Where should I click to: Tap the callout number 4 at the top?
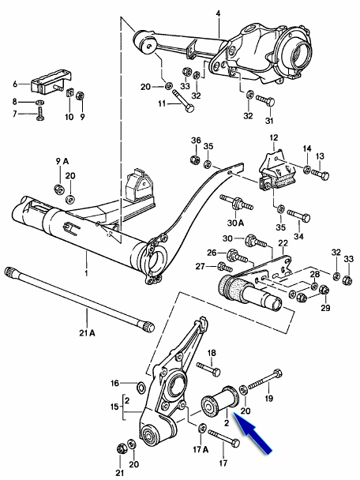point(218,13)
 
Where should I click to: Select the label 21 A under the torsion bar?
point(88,333)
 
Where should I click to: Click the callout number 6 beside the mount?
point(15,84)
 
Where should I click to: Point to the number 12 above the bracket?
point(274,137)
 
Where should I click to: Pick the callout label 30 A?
point(235,223)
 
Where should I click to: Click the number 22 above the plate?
point(283,243)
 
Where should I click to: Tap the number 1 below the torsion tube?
point(86,272)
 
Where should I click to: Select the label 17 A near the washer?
point(201,449)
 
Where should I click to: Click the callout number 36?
point(197,141)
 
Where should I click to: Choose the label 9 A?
point(62,161)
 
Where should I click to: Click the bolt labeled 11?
point(184,100)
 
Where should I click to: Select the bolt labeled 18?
point(208,369)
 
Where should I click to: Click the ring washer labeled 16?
point(142,388)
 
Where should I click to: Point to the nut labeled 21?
point(121,448)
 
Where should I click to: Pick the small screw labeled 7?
point(40,113)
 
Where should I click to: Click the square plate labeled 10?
point(69,92)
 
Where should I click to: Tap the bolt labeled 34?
point(298,216)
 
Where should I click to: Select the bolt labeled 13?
point(321,174)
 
